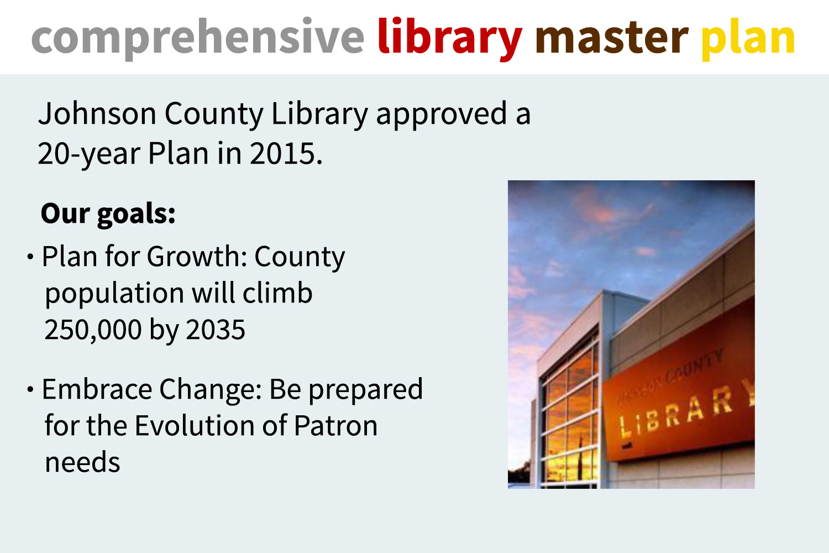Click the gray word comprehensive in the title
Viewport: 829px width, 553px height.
coord(198,39)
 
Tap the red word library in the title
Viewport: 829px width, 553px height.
coord(450,39)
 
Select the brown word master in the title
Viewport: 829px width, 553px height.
coord(612,38)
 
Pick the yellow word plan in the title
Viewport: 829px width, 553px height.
coord(748,39)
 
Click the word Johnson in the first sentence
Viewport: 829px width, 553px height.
coord(97,114)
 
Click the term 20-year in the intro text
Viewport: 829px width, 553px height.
coord(89,154)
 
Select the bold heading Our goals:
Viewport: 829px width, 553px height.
coord(108,213)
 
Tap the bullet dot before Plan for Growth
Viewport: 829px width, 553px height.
coord(30,256)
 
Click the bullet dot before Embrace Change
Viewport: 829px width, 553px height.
coord(30,389)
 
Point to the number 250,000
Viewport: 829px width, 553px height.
coord(93,330)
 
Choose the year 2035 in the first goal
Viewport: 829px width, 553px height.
coord(216,329)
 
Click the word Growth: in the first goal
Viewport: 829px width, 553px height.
coord(197,256)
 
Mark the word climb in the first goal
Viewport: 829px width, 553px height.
coord(277,292)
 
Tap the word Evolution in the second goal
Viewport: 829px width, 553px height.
coord(195,426)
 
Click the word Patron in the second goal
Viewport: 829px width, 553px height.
coord(335,426)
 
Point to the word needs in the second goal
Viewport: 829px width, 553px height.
coord(82,463)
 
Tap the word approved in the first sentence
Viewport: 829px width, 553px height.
coord(442,114)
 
